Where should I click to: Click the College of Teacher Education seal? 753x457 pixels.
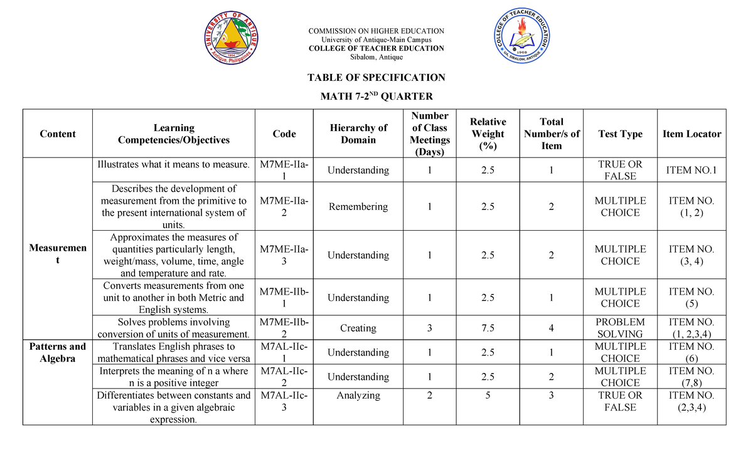tap(518, 41)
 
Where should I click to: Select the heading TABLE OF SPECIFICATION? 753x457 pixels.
tap(376, 78)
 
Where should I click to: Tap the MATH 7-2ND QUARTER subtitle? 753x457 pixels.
tap(376, 96)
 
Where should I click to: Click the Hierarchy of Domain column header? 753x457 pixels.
tap(358, 134)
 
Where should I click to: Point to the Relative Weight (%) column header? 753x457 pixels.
tap(488, 134)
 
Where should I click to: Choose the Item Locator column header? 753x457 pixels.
tap(692, 134)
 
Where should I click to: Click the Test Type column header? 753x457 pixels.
tap(620, 134)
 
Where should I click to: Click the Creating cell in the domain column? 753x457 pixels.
tap(358, 328)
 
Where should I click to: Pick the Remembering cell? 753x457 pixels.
tap(358, 207)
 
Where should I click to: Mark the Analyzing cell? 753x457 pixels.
tap(358, 396)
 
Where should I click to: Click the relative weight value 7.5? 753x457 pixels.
tap(488, 328)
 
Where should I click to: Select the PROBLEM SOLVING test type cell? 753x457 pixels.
tap(620, 328)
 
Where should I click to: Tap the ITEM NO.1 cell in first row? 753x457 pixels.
tap(692, 170)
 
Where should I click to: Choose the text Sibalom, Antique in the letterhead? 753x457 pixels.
tap(376, 57)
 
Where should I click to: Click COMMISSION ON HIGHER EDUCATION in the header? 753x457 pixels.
tap(376, 31)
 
